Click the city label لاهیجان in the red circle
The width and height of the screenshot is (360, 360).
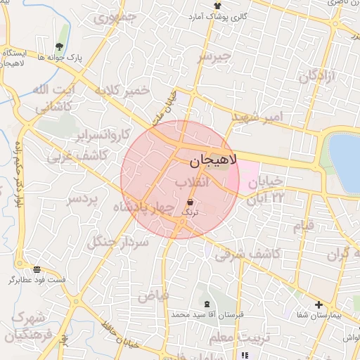(214, 160)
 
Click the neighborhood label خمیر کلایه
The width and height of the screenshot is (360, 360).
(124, 91)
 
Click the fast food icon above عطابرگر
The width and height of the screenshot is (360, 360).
(37, 269)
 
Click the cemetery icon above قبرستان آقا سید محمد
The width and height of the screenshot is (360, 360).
(205, 304)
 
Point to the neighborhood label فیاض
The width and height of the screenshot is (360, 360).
(153, 296)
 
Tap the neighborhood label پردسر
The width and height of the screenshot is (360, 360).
(82, 200)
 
